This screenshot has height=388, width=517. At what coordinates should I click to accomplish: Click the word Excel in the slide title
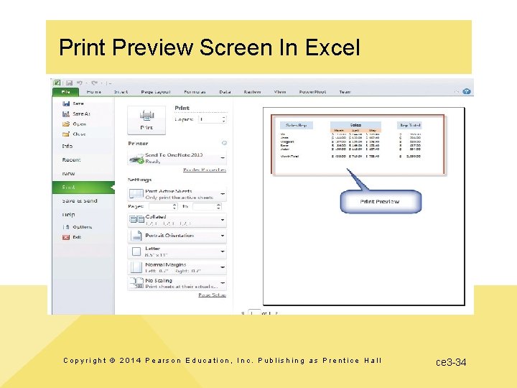pyautogui.click(x=332, y=48)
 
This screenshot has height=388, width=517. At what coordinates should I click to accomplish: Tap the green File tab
pyautogui.click(x=65, y=92)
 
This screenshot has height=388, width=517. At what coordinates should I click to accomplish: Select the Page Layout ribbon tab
pyautogui.click(x=155, y=92)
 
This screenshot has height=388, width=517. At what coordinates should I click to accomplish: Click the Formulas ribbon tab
pyautogui.click(x=194, y=92)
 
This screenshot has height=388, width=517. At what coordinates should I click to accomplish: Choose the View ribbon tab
pyautogui.click(x=279, y=92)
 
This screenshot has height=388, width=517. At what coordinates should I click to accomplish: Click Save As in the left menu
pyautogui.click(x=80, y=114)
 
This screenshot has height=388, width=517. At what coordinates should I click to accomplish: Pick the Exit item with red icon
pyautogui.click(x=76, y=236)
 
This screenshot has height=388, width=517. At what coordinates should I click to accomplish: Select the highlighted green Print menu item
pyautogui.click(x=80, y=187)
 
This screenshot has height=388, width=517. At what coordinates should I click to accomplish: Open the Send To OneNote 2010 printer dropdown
pyautogui.click(x=177, y=158)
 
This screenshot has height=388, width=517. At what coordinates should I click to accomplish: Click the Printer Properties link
pyautogui.click(x=205, y=170)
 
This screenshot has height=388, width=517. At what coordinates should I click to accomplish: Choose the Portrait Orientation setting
pyautogui.click(x=177, y=236)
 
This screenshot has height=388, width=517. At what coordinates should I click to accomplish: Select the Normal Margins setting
pyautogui.click(x=177, y=267)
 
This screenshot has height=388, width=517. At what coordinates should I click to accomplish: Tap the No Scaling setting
pyautogui.click(x=177, y=283)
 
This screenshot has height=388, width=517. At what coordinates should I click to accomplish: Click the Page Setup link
pyautogui.click(x=212, y=295)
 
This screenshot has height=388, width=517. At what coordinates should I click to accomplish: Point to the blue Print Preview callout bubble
pyautogui.click(x=380, y=202)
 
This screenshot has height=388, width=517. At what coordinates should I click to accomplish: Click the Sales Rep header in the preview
pyautogui.click(x=297, y=125)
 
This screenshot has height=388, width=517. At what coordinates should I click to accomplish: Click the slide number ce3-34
pyautogui.click(x=451, y=362)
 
